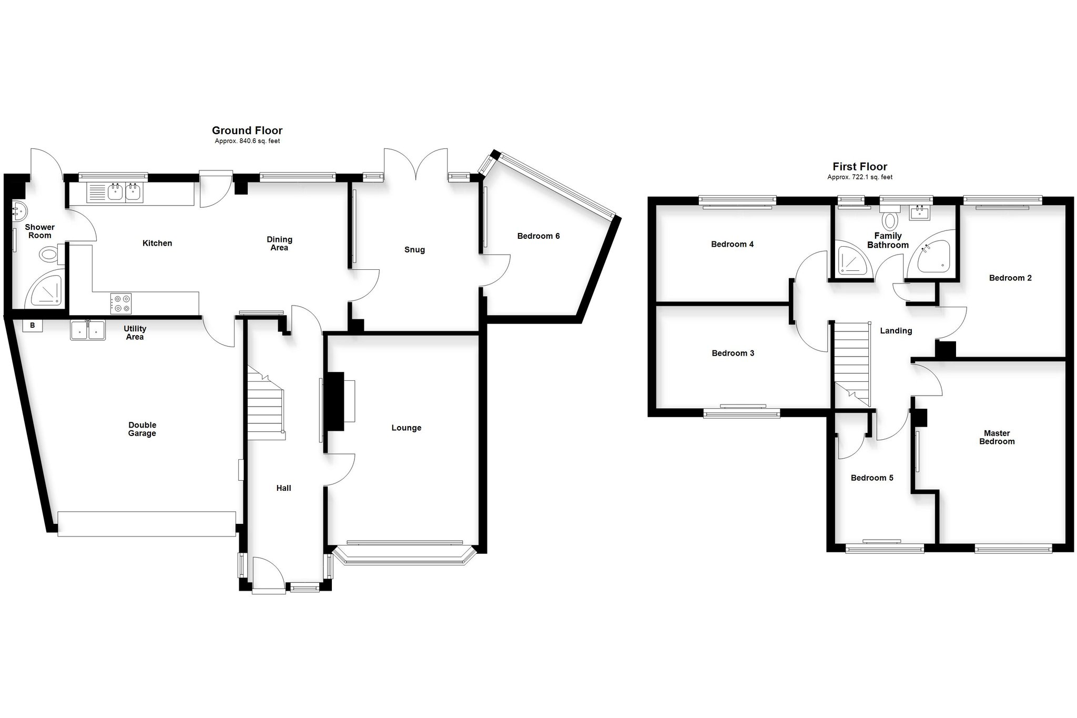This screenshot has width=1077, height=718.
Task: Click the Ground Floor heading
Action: pos(247,130)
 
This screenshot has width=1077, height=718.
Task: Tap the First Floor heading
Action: pos(860,167)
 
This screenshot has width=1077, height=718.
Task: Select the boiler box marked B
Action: pos(33,326)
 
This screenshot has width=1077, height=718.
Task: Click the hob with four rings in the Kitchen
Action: pos(121,304)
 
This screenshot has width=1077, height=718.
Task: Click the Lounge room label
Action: pos(407,428)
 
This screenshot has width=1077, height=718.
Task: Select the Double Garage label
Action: pos(142,429)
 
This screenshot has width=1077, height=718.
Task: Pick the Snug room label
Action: pos(414,250)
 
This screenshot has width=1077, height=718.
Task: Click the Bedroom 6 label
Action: pos(538,236)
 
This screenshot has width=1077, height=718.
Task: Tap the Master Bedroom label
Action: pos(997,437)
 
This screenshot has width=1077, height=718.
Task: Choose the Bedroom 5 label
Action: pos(872,478)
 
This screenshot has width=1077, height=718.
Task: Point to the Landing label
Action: pos(896,331)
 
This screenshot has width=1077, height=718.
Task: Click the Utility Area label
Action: pos(135,332)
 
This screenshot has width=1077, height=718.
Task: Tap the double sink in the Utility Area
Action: pos(87,330)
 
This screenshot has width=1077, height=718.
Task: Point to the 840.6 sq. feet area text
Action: pos(247,141)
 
